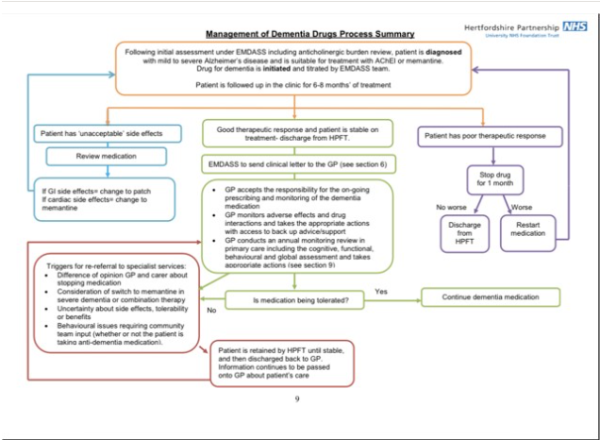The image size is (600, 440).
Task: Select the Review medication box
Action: [92, 157]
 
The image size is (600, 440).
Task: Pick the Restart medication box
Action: [528, 228]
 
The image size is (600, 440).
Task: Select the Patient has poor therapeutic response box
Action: [483, 137]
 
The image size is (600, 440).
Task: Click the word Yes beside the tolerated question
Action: [382, 292]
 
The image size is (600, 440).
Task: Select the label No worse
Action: [452, 206]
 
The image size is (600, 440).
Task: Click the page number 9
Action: [297, 398]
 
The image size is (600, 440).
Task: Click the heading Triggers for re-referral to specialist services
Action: [116, 267]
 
